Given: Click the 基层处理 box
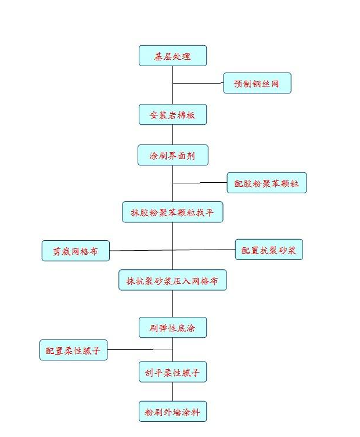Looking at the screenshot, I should [172, 56].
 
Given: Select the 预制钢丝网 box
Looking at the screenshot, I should [257, 84].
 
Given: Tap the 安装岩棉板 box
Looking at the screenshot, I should [172, 115].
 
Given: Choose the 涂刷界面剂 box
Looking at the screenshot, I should [172, 155].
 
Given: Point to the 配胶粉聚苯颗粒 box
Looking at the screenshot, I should [267, 183].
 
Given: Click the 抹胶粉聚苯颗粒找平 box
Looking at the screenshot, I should [172, 212].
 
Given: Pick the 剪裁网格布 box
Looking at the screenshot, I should [75, 251].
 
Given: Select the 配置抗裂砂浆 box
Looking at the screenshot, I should [269, 250].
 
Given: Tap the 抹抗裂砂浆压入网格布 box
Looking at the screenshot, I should [172, 280].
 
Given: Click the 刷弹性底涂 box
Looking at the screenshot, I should [172, 328].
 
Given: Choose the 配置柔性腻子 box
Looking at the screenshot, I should [73, 350].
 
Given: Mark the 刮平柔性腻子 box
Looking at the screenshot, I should [172, 372].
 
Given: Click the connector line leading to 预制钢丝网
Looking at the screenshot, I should [198, 84].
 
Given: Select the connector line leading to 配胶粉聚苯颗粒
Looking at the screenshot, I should [200, 183].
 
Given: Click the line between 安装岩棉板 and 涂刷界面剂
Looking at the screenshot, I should [172, 135].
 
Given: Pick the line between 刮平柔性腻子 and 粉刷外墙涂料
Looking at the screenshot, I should [172, 392].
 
